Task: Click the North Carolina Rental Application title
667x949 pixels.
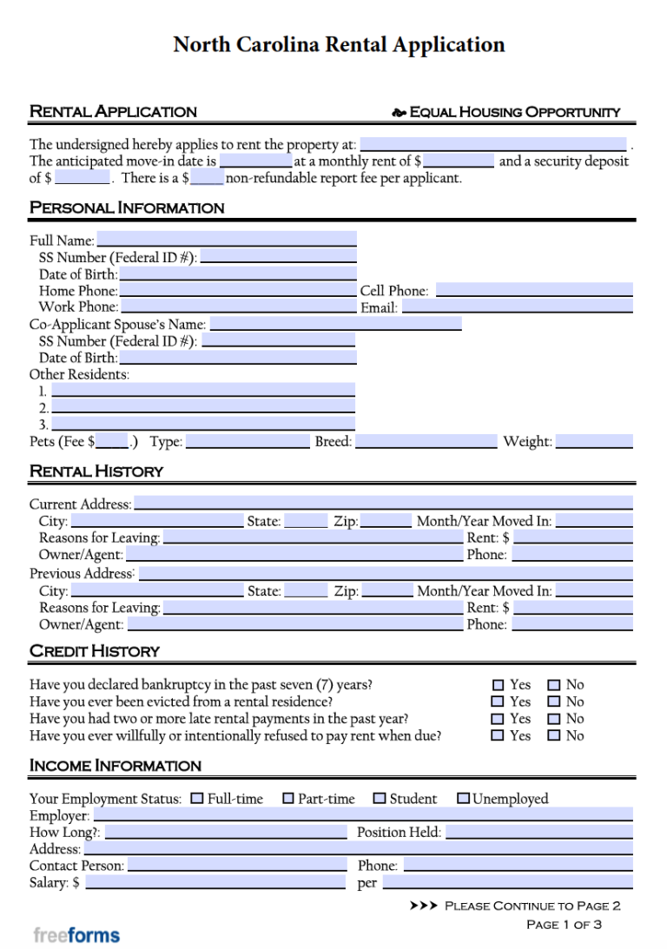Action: (x=339, y=44)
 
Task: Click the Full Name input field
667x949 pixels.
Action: (x=226, y=239)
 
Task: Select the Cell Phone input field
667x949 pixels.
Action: (x=533, y=290)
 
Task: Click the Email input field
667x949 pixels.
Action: (x=517, y=306)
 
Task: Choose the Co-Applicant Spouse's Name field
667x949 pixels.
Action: (x=335, y=324)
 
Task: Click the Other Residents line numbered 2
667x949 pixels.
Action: (x=203, y=407)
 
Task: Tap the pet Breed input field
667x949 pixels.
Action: (x=426, y=441)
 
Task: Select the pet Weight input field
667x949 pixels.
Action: (x=594, y=441)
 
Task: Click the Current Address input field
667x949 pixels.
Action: (x=383, y=504)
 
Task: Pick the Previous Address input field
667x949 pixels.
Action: (x=386, y=573)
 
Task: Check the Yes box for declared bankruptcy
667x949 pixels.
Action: (x=499, y=685)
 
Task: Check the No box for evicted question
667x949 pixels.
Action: (x=554, y=702)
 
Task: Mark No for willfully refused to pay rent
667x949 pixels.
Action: (x=554, y=735)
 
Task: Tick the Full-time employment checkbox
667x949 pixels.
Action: (x=197, y=798)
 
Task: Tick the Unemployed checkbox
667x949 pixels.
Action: (x=463, y=798)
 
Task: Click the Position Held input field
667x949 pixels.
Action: (x=538, y=832)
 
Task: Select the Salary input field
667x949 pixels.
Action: (x=215, y=882)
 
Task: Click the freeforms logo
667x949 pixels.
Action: (x=76, y=935)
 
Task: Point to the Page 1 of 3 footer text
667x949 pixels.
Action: (x=564, y=925)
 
